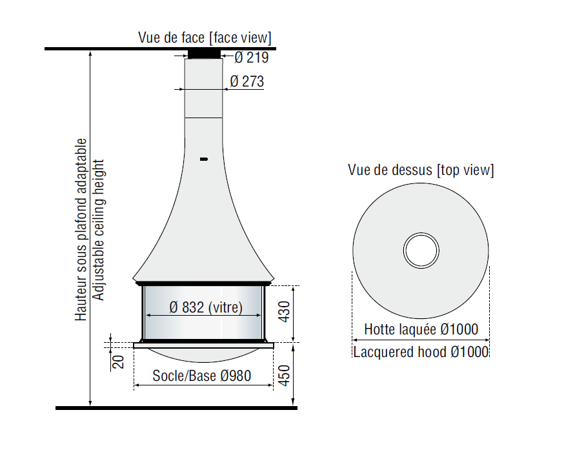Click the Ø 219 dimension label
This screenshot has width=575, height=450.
coord(252,57)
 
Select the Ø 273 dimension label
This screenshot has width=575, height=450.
coord(247,81)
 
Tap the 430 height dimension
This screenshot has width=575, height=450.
coord(285,312)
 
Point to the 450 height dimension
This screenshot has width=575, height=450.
coord(285,376)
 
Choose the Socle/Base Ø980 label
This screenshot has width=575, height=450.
coord(202,376)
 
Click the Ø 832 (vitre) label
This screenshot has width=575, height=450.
coord(206,307)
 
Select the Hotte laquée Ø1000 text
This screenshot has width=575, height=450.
coord(421,329)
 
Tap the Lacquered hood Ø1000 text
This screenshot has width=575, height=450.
coord(421,352)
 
